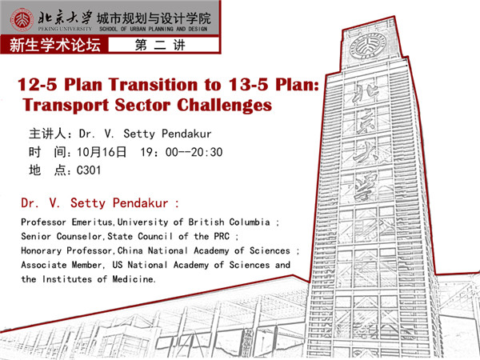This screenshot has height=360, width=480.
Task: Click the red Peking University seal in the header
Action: [x=22, y=20]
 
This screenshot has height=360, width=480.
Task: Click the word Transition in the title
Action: [x=153, y=84]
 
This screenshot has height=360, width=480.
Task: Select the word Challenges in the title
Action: [x=224, y=106]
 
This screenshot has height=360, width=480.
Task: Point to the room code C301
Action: [x=89, y=170]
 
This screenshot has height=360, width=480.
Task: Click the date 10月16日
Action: [x=102, y=152]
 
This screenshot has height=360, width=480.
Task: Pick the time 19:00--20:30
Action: [x=182, y=152]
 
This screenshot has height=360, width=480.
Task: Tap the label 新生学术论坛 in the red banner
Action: [x=55, y=46]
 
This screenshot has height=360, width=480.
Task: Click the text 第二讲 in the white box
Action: [x=161, y=46]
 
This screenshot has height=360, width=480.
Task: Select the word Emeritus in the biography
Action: [x=92, y=222]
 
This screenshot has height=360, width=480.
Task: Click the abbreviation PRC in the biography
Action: [x=222, y=236]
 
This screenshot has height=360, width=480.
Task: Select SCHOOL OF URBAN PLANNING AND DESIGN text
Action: [x=154, y=29]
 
